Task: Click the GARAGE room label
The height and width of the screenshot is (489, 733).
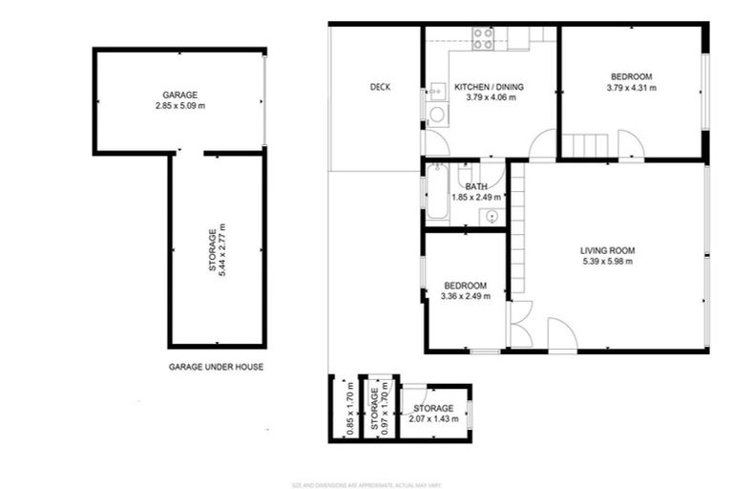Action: pyautogui.click(x=178, y=95)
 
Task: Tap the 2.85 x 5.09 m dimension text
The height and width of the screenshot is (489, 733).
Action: pyautogui.click(x=178, y=105)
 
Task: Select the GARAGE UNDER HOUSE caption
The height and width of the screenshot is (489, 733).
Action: pyautogui.click(x=216, y=366)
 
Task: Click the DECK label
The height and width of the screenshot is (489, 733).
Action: pyautogui.click(x=380, y=87)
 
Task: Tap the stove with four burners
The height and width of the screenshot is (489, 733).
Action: pyautogui.click(x=483, y=38)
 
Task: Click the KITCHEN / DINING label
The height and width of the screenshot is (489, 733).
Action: pyautogui.click(x=489, y=87)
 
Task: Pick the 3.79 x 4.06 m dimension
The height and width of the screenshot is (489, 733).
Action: pyautogui.click(x=490, y=97)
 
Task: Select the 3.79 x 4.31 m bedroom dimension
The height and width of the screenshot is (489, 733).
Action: pyautogui.click(x=631, y=87)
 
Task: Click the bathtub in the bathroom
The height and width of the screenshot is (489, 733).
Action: pyautogui.click(x=437, y=192)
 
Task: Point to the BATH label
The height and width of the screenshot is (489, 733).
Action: pyautogui.click(x=477, y=186)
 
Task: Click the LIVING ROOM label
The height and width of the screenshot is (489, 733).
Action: pyautogui.click(x=607, y=251)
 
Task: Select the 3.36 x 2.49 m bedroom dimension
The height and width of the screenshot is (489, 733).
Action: pyautogui.click(x=465, y=296)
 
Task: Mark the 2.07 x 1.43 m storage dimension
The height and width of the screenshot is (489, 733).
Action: pyautogui.click(x=433, y=418)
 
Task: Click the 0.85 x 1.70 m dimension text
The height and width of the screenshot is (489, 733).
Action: pyautogui.click(x=350, y=412)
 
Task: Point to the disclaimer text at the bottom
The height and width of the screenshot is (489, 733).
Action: pyautogui.click(x=366, y=483)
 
